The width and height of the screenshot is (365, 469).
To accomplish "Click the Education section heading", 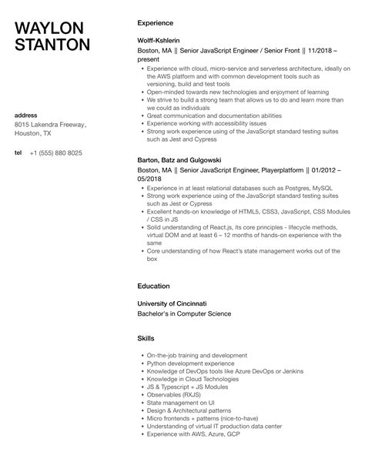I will click(x=154, y=286).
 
